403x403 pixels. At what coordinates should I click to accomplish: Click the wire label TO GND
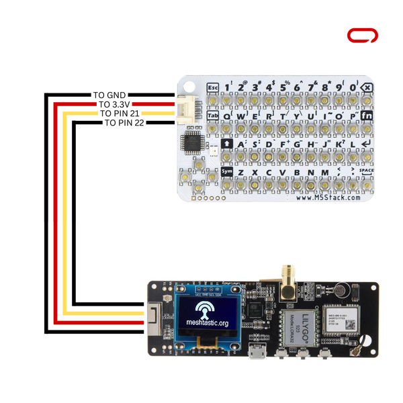pyautogui.click(x=108, y=95)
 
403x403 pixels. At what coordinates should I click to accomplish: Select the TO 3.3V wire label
pyautogui.click(x=115, y=104)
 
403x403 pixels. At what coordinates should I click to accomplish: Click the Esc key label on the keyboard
pyautogui.click(x=214, y=88)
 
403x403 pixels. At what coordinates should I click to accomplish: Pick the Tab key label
pyautogui.click(x=213, y=116)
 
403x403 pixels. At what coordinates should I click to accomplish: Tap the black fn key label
pyautogui.click(x=367, y=116)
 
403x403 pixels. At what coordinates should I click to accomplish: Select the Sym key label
pyautogui.click(x=226, y=171)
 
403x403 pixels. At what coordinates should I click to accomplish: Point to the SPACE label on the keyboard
pyautogui.click(x=366, y=171)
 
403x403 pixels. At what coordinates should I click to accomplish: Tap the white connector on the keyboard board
pyautogui.click(x=186, y=109)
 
